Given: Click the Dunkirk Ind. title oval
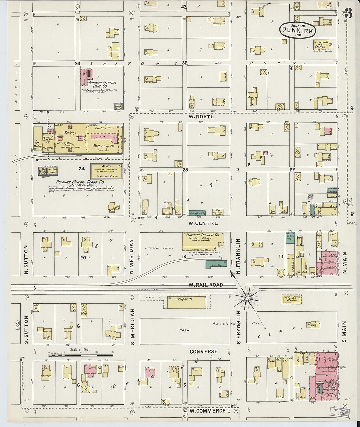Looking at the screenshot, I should (x=298, y=30).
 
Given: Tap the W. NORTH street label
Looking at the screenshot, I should (x=201, y=116).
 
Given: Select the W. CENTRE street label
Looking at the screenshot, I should (x=203, y=223).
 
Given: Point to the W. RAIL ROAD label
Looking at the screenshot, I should (x=206, y=285).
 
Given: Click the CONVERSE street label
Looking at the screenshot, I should (x=204, y=351).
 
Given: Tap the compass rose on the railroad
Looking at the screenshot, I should (x=247, y=298).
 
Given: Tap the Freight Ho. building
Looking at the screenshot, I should (x=187, y=303).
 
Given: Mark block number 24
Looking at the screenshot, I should (x=81, y=169).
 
